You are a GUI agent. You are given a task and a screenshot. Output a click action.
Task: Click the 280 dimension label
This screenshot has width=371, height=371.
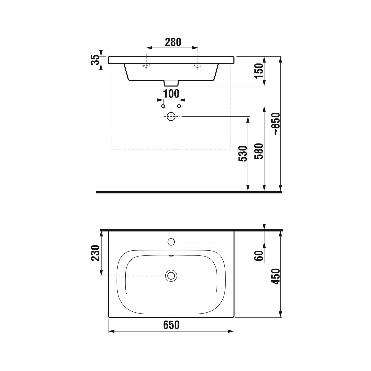173,42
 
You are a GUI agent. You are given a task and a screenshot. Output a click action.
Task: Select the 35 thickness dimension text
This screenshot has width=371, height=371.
95,60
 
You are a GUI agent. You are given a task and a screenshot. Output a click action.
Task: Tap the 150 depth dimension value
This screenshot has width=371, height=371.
259,71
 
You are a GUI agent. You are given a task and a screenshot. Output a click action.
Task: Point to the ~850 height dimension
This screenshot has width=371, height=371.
276,124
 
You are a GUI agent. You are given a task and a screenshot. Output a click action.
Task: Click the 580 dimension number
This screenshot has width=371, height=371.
259,151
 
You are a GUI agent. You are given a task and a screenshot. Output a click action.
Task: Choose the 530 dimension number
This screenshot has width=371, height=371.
243,154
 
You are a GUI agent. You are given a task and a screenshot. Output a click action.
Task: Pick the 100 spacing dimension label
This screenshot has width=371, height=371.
171,94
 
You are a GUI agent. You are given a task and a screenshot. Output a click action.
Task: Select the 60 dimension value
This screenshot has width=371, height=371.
259,255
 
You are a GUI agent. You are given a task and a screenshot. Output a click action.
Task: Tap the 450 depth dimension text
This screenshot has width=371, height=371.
276,276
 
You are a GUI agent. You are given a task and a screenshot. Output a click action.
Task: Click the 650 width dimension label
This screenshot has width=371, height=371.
171,325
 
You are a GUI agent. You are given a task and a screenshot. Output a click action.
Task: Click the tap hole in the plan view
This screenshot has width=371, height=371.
171,242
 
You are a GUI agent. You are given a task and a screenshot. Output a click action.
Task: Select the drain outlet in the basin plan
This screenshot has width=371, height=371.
171,276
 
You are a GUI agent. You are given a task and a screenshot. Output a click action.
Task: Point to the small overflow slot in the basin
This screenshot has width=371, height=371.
171,256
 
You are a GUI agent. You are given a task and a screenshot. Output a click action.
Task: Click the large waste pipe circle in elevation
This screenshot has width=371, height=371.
171,117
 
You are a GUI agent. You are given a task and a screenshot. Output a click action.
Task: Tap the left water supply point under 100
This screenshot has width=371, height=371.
163,106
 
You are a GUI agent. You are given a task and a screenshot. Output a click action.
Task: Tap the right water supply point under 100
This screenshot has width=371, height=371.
179,106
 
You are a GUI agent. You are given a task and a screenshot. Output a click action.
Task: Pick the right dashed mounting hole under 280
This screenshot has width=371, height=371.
198,65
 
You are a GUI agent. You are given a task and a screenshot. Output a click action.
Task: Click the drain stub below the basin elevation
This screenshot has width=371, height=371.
171,83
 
